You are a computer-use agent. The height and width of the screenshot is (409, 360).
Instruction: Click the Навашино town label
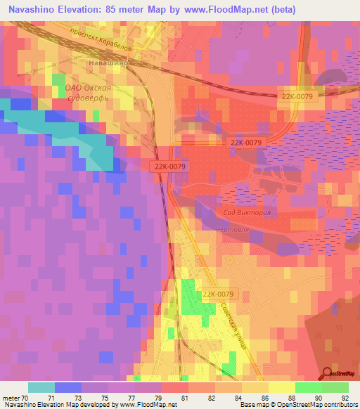click(x=108, y=63)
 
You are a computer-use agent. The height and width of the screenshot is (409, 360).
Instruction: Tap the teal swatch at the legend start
click(x=41, y=387)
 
